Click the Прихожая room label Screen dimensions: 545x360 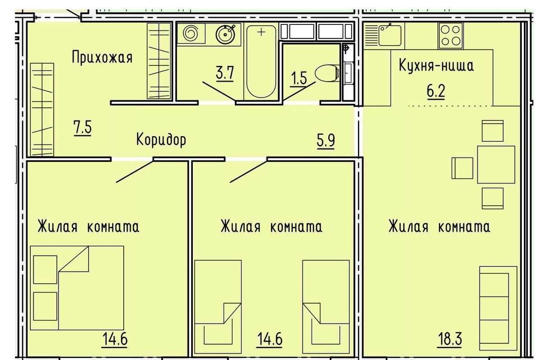tap(102, 57)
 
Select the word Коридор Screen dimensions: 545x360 tap(161, 140)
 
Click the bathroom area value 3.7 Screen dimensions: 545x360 tap(225, 73)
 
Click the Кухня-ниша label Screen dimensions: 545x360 tap(436, 65)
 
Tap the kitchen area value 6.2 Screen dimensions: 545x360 tap(436, 92)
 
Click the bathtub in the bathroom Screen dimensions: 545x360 tap(261, 61)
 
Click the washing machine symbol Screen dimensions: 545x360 tap(191, 33)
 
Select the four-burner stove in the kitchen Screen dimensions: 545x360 tap(451, 36)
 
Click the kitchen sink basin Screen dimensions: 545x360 tap(390, 36)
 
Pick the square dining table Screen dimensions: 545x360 tap(496, 164)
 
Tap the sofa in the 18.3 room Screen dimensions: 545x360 tap(498, 308)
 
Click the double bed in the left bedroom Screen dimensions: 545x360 tap(77, 288)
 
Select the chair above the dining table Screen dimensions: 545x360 tap(493, 130)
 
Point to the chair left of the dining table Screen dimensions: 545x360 tap(462, 168)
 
